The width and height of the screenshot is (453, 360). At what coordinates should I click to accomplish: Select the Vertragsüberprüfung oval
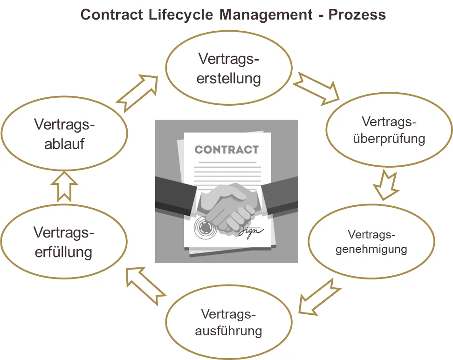[x=389, y=130]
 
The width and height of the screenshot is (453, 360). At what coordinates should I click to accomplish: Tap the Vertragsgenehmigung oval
[x=371, y=241]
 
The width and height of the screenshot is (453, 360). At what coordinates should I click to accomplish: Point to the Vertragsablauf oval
[x=64, y=134]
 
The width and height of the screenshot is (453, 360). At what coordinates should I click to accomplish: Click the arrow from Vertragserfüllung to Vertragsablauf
[x=63, y=186]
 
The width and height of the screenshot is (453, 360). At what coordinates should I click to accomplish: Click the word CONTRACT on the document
[x=226, y=149]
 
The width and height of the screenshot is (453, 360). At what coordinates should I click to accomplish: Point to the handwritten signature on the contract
[x=252, y=231]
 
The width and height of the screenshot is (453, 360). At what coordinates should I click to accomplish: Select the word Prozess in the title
[x=357, y=14]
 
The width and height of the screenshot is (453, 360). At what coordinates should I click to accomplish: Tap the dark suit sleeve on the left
[x=175, y=193]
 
